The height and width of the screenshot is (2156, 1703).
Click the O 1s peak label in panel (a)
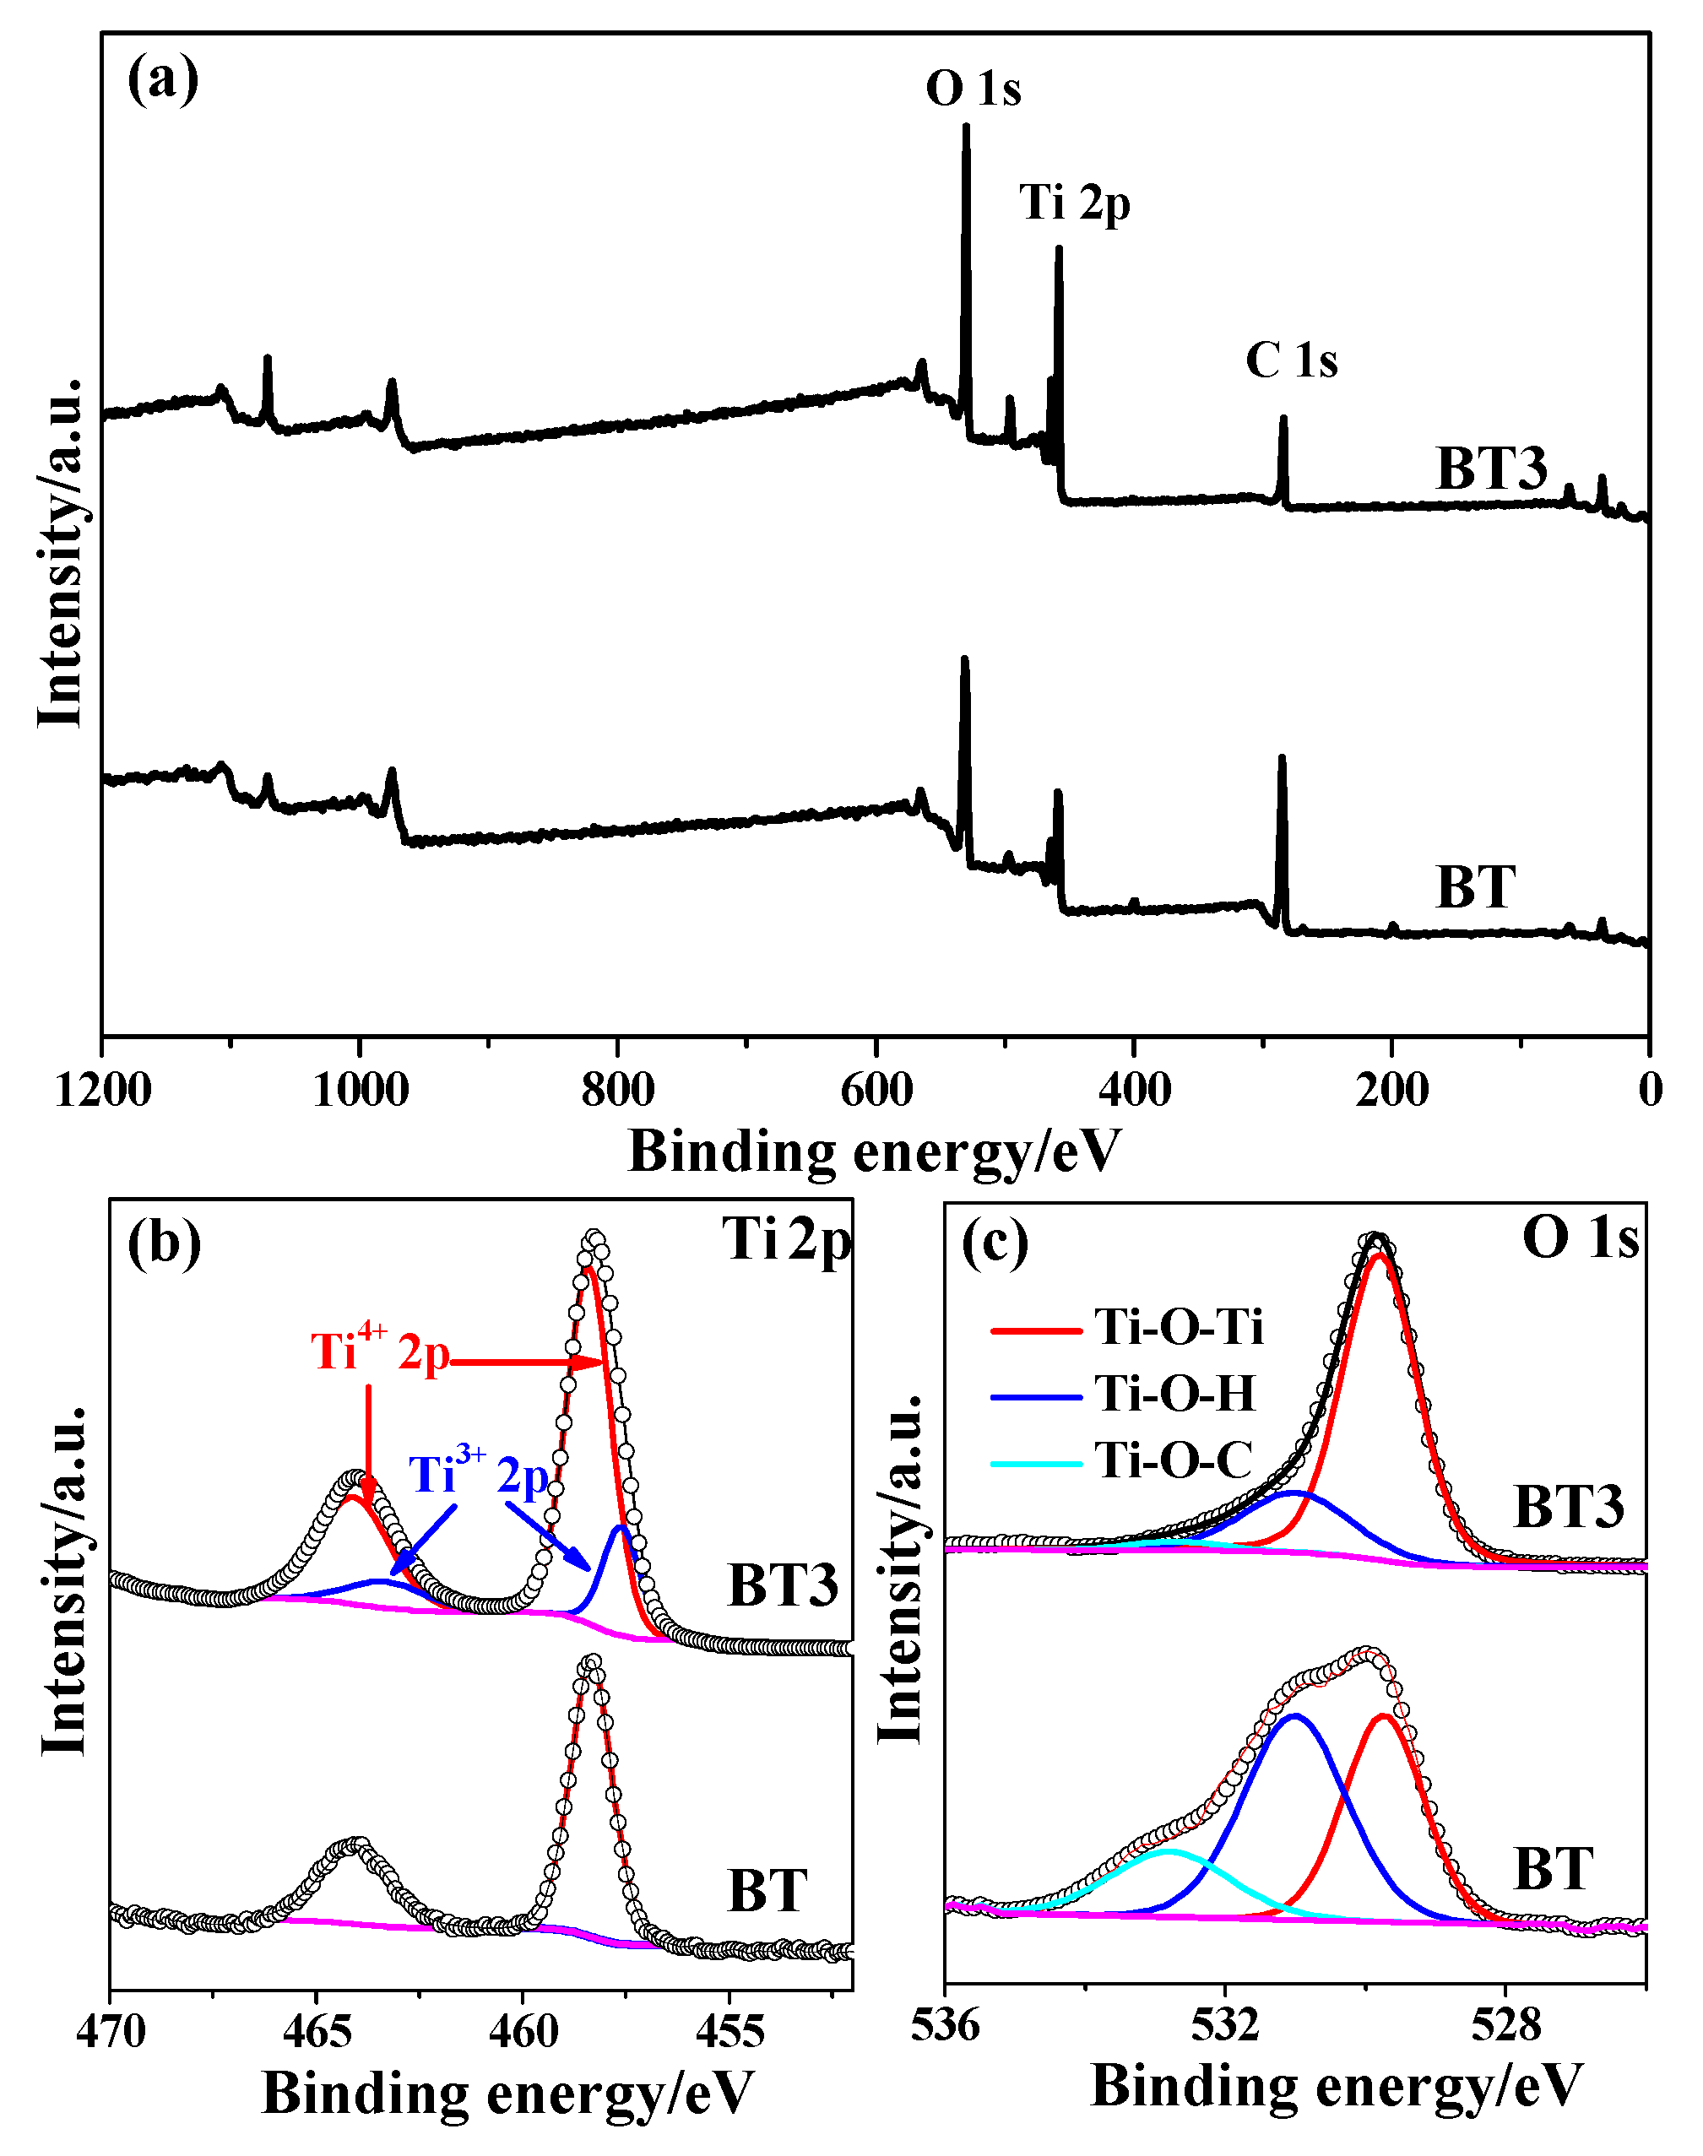974,89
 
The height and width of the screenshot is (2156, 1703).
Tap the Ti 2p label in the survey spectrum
1074,203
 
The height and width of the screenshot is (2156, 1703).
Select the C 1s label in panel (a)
1290,360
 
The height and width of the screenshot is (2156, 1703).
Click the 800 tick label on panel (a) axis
617,1090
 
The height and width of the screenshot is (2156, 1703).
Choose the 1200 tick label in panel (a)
103,1090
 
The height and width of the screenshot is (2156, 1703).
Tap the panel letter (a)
162,79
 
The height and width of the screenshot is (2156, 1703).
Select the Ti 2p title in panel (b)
787,1241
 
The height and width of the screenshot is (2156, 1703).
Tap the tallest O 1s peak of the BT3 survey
965,127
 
